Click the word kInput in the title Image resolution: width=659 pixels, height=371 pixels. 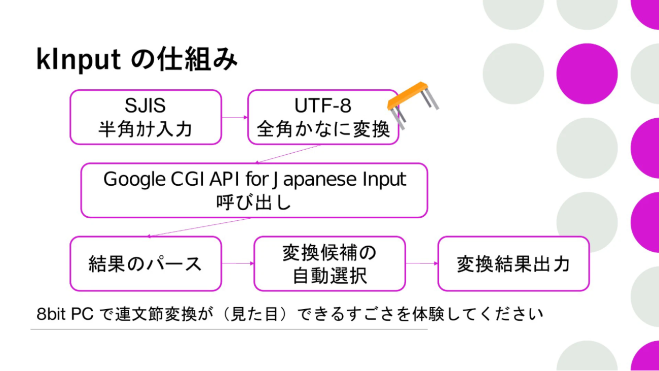pyautogui.click(x=78, y=60)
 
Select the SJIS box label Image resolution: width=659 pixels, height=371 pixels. pyautogui.click(x=145, y=106)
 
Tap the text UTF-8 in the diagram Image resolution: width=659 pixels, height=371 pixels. pyautogui.click(x=323, y=106)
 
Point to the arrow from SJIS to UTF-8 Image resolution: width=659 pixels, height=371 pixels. pyautogui.click(x=235, y=117)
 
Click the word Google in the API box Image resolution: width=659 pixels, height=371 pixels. pyautogui.click(x=134, y=180)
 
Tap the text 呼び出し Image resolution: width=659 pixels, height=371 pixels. pyautogui.click(x=253, y=203)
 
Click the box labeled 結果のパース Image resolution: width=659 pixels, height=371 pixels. pyautogui.click(x=145, y=263)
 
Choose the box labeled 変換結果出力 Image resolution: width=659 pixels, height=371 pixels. pyautogui.click(x=514, y=263)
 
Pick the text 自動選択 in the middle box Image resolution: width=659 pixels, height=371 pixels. pyautogui.click(x=330, y=276)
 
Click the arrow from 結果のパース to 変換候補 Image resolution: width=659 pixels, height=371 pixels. pyautogui.click(x=238, y=263)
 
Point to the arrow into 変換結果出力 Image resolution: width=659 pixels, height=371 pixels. pyautogui.click(x=422, y=263)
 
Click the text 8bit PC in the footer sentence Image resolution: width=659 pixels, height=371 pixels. pyautogui.click(x=65, y=314)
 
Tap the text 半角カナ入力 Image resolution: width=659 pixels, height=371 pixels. pyautogui.click(x=145, y=129)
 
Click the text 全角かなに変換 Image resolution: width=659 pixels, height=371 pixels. pyautogui.click(x=323, y=129)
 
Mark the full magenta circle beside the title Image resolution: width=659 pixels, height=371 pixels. pyautogui.click(x=587, y=74)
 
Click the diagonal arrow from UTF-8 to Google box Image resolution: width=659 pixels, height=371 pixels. pyautogui.click(x=287, y=154)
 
